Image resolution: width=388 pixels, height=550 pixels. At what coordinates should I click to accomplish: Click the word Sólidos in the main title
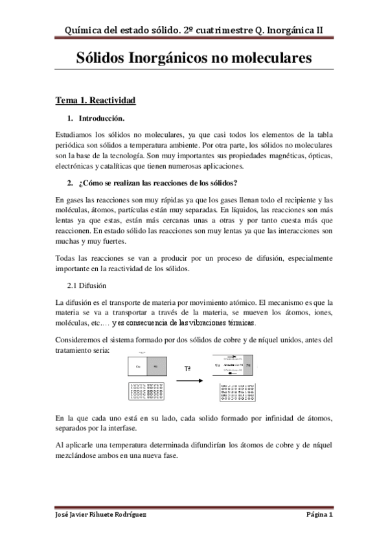(107, 58)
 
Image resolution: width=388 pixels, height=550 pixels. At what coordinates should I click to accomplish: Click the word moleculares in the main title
(267, 58)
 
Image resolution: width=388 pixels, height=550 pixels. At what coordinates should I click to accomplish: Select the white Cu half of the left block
(138, 366)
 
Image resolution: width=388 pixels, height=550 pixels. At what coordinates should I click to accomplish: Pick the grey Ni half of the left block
(155, 366)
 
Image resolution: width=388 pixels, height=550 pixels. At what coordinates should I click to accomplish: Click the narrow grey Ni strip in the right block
(249, 366)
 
